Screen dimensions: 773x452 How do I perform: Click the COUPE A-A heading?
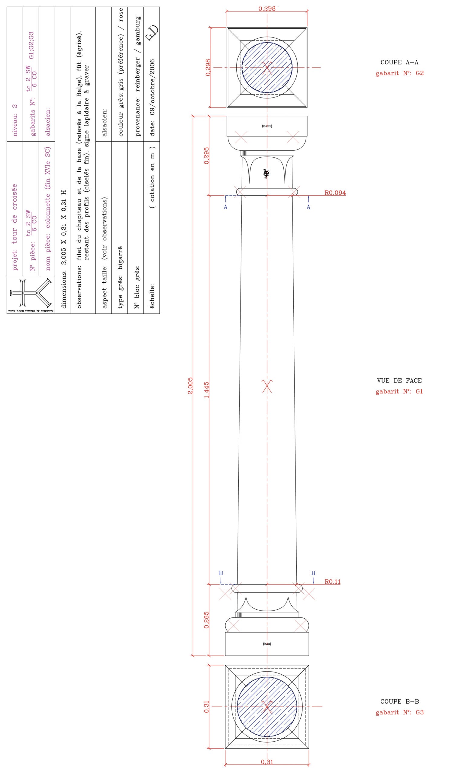coord(399,62)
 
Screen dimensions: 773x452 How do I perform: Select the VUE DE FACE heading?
coord(399,381)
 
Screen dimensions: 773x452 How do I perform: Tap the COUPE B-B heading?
coord(399,701)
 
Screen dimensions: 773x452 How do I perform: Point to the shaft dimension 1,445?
coord(207,390)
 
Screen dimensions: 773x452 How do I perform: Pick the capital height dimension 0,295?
coord(207,156)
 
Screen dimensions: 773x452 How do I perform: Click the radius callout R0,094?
coord(335,193)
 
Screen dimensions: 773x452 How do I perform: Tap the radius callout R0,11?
coord(333,582)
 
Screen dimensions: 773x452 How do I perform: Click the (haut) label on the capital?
coord(267,126)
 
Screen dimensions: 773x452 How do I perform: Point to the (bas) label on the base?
coord(267,644)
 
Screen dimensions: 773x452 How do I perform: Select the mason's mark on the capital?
coord(266,174)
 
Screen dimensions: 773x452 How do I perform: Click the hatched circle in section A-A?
coord(267,67)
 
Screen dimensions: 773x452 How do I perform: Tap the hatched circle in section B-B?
coord(267,707)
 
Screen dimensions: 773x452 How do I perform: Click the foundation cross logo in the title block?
coord(30,293)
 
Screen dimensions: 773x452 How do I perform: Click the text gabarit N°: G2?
coord(399,73)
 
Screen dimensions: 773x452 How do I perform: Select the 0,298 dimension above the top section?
coord(267,8)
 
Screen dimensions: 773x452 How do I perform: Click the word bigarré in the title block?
coord(120,254)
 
